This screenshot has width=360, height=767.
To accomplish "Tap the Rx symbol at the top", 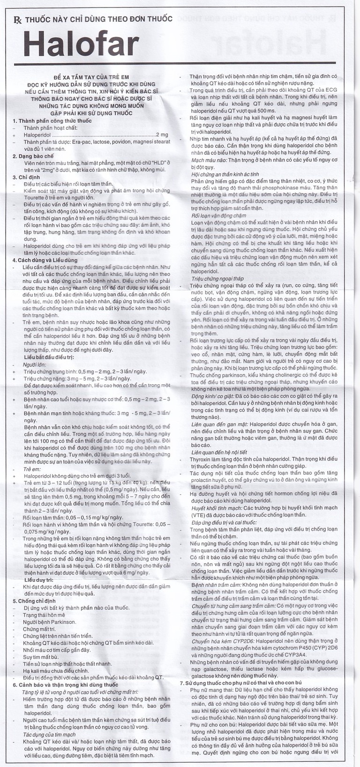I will [x=17, y=19].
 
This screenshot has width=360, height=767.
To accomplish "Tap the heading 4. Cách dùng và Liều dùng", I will [x=45, y=260].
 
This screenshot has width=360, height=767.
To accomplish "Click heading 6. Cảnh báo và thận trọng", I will [x=65, y=684].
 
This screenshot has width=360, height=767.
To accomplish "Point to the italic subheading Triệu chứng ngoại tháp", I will [x=217, y=278].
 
